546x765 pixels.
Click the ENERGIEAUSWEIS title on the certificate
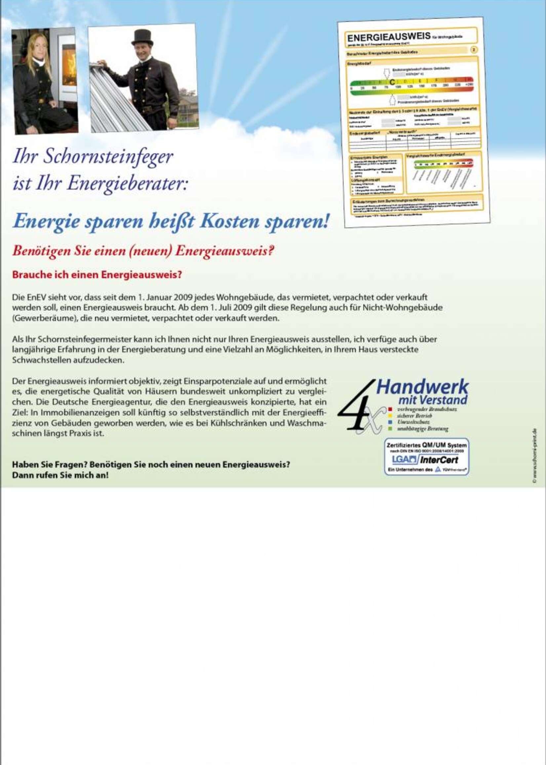tap(389, 37)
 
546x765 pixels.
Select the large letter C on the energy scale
tap(392, 82)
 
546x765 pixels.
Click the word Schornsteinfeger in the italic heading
tap(108, 157)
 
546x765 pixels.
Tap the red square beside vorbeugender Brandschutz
tap(390, 409)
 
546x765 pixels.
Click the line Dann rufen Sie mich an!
tap(60, 475)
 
